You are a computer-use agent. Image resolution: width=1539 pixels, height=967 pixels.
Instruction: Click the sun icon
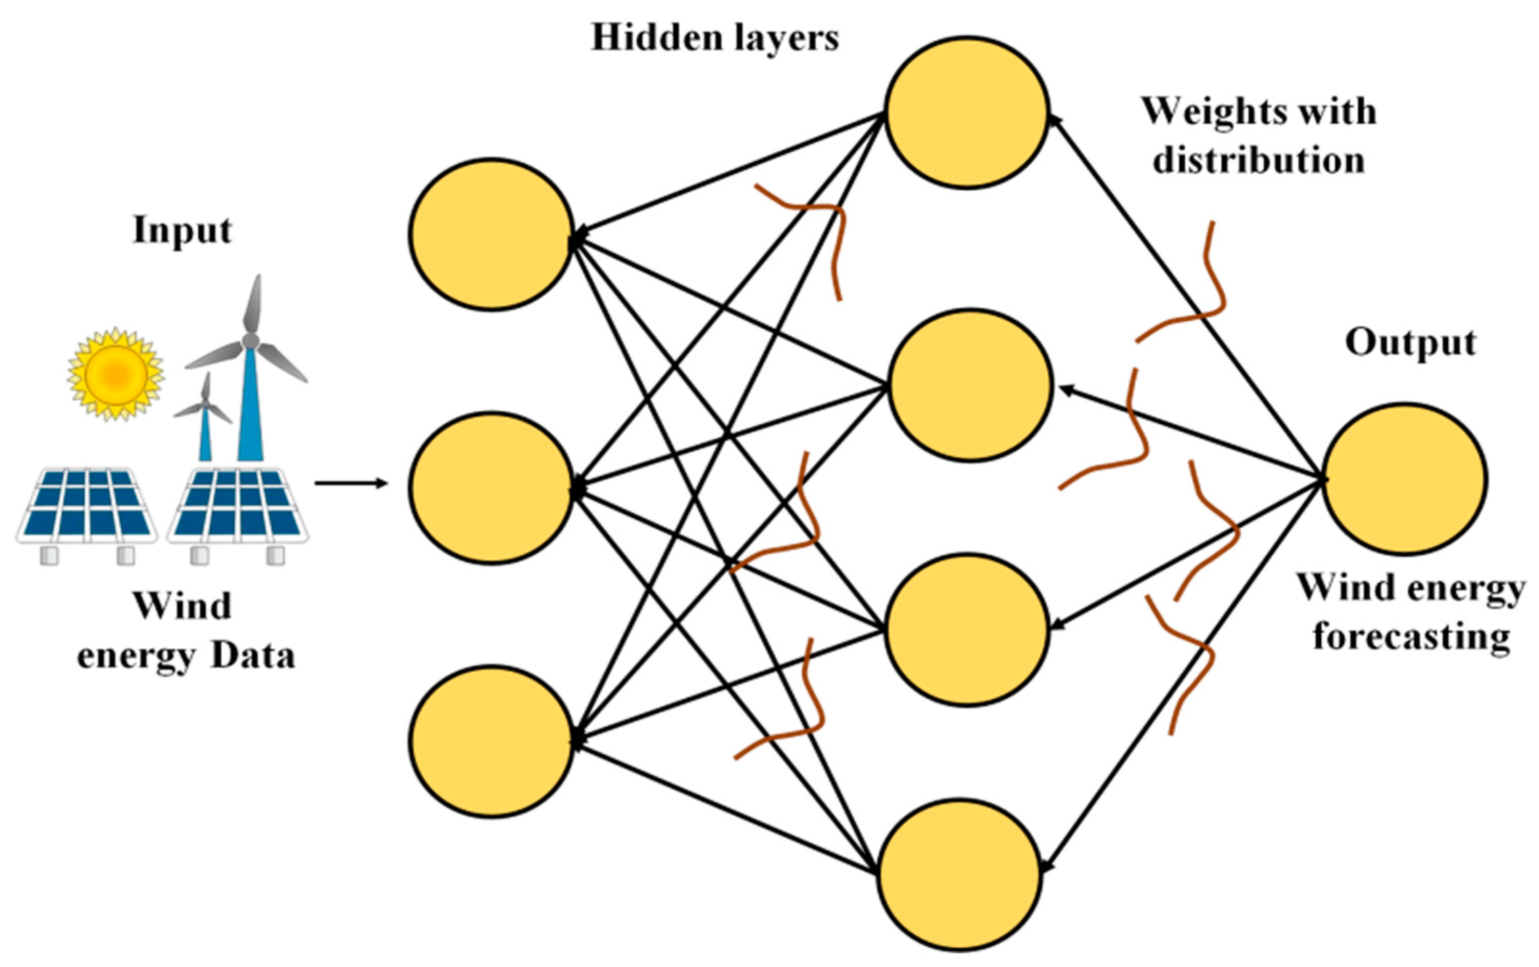[x=116, y=374]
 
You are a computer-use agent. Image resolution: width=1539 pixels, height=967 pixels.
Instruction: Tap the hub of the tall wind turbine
[x=251, y=341]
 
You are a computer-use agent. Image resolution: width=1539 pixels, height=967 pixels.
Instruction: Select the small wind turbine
[x=204, y=422]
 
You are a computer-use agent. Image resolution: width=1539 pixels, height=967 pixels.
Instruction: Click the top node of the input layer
[x=491, y=234]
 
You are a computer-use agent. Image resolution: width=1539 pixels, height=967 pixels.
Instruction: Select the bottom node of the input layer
[x=491, y=741]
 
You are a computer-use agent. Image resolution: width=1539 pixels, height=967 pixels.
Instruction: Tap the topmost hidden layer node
[x=966, y=112]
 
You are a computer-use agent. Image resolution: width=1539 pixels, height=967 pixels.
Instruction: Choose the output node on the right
[x=1404, y=478]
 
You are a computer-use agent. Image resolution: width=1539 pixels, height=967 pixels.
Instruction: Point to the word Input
[x=182, y=231]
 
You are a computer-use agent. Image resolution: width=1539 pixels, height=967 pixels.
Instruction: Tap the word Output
[x=1410, y=343]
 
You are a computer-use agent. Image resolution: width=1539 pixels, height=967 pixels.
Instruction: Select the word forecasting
[x=1411, y=638]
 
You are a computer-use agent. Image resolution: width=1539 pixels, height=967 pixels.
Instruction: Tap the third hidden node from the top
[x=966, y=629]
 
